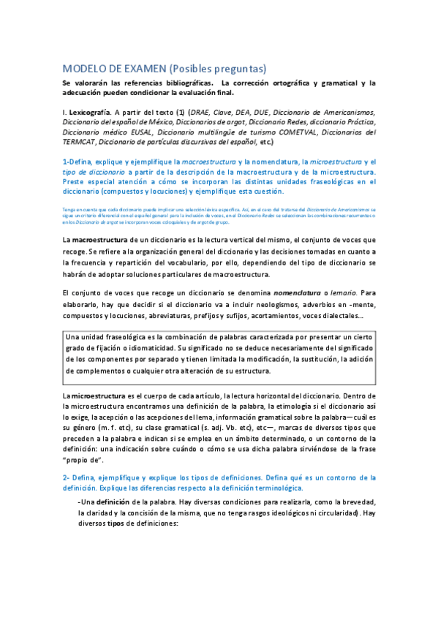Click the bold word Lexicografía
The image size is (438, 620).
[x=92, y=112]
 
